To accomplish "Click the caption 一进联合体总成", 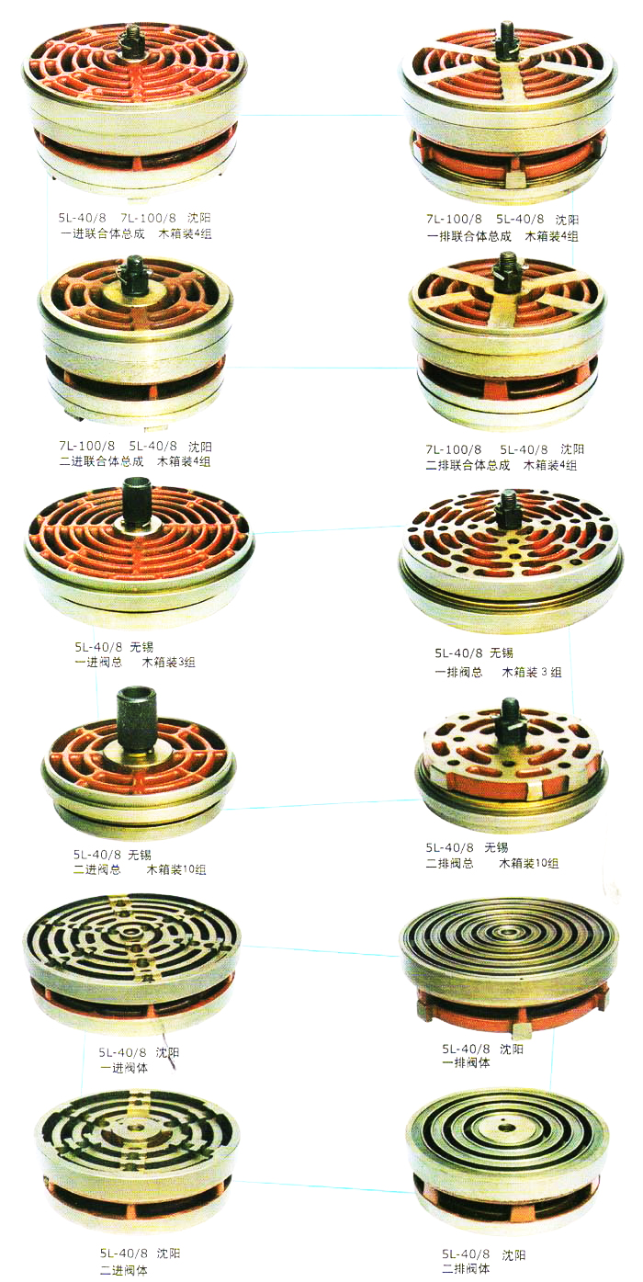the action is click(102, 233).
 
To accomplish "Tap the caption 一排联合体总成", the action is click(468, 236).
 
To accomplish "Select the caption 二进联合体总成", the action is click(101, 461).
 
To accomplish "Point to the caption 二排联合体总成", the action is click(468, 465).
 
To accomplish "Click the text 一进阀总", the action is click(98, 663).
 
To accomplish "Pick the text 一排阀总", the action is click(458, 672).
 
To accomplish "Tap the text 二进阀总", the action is click(97, 869).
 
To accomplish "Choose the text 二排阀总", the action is click(450, 863).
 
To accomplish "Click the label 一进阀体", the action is click(124, 1067).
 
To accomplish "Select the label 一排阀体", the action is click(467, 1062).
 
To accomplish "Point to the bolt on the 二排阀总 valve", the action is click(509, 722).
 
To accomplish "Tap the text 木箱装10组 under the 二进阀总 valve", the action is click(176, 869).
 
